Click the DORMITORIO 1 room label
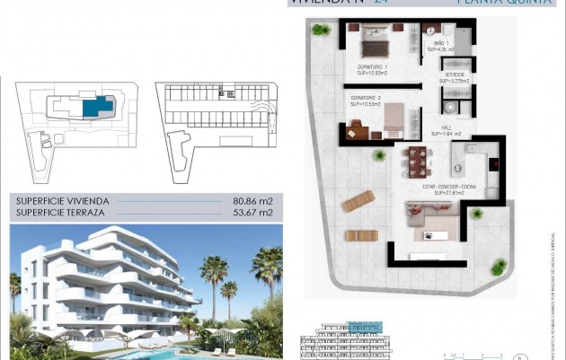click(373, 70)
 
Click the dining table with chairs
click(417, 162)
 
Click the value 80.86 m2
click(252, 202)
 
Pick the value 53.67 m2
click(252, 213)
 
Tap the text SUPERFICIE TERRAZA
click(57, 213)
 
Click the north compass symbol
click(517, 356)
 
